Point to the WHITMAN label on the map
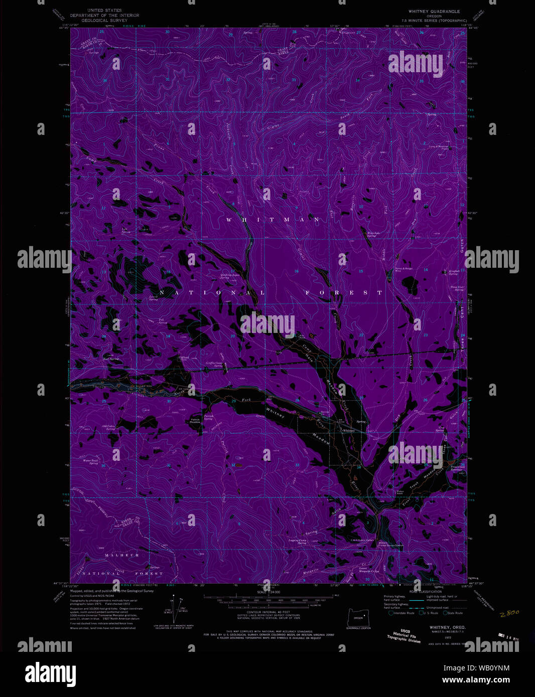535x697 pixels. tap(273, 220)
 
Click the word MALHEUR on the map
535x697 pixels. tap(122, 555)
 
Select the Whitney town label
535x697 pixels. tap(348, 430)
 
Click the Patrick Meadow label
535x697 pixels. tap(195, 421)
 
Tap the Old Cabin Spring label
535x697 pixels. tap(109, 427)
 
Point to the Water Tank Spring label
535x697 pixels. tap(91, 461)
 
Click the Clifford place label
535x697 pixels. tap(184, 358)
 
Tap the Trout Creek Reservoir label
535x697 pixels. tap(457, 468)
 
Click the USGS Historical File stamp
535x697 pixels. tap(404, 635)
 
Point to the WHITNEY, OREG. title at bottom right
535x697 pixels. tap(447, 627)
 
